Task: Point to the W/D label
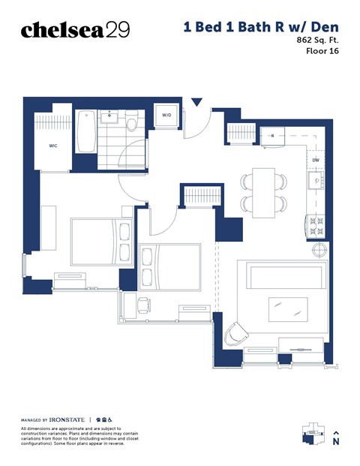tap(166, 115)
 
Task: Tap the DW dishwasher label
tap(316, 161)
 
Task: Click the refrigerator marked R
tap(273, 136)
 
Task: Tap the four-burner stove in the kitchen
tap(315, 224)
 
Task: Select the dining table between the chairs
tap(263, 191)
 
